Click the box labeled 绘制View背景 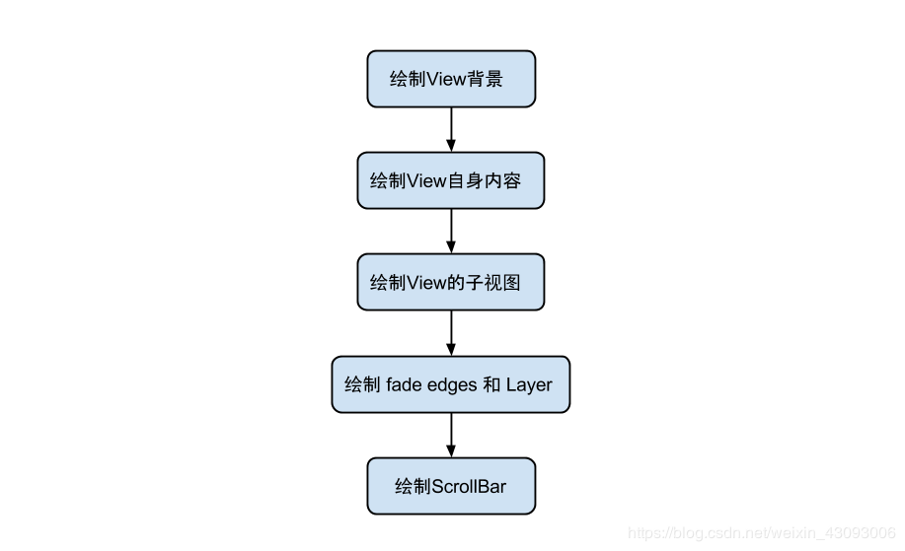tap(451, 79)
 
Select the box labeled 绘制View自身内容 tap(451, 180)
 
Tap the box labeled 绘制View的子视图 tap(451, 283)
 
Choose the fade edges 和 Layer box tap(451, 384)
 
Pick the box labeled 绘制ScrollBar tap(451, 486)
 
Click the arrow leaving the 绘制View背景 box tap(451, 128)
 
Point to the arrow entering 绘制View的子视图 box tap(451, 231)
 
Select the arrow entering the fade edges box tap(451, 333)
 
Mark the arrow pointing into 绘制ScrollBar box tap(451, 435)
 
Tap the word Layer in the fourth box tap(530, 385)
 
